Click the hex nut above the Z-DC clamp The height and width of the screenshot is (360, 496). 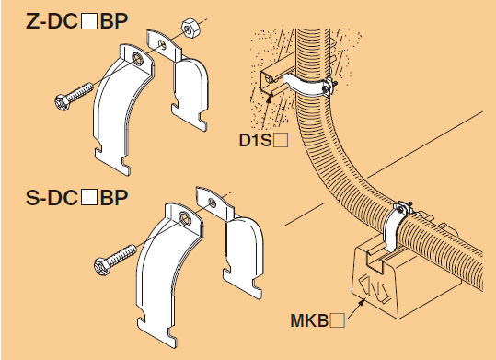click(190, 28)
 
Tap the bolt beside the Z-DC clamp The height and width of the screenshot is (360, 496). click(74, 97)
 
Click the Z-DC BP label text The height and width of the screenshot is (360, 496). click(77, 21)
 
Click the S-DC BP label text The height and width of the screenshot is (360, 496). click(77, 198)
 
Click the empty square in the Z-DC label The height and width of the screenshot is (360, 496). click(89, 21)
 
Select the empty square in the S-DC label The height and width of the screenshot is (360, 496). click(89, 198)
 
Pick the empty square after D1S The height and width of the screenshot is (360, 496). click(281, 141)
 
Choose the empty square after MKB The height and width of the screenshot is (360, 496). click(338, 320)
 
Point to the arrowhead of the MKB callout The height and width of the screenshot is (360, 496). click(363, 301)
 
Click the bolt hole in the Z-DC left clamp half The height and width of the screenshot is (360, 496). click(138, 59)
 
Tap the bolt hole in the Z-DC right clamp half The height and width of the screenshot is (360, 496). click(162, 44)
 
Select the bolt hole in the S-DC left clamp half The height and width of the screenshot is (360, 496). click(185, 217)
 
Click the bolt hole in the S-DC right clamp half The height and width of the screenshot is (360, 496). click(213, 203)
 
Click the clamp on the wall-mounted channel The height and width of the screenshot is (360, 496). click(307, 85)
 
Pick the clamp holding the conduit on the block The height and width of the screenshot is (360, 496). click(397, 225)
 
